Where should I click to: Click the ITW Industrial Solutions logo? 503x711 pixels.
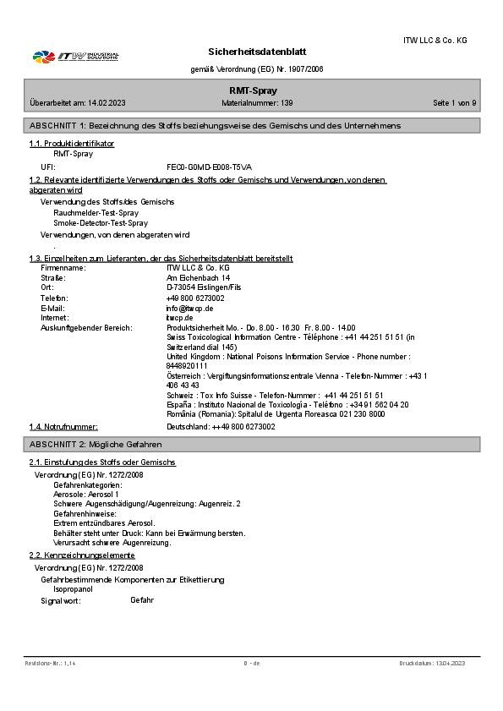click(x=75, y=57)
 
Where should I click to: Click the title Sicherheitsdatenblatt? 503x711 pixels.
click(x=257, y=52)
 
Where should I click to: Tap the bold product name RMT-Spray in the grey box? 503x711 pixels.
click(x=254, y=90)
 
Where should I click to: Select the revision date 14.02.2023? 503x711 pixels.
click(x=106, y=102)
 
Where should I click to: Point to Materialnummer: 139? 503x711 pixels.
click(x=257, y=102)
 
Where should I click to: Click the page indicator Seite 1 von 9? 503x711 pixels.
click(x=454, y=102)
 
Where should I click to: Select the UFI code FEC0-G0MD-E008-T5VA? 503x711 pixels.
click(x=209, y=167)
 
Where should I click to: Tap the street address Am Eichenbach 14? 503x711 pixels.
click(x=198, y=277)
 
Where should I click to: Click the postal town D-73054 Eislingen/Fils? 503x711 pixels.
click(x=204, y=287)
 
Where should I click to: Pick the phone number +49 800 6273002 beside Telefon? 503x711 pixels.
click(x=195, y=298)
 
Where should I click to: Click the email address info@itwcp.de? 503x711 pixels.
click(x=189, y=308)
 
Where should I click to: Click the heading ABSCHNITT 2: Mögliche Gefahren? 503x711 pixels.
click(x=96, y=444)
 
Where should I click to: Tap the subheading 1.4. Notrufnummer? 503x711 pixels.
click(x=63, y=427)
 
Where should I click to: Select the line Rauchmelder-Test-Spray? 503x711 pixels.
click(x=96, y=213)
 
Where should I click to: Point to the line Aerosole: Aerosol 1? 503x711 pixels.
click(x=86, y=494)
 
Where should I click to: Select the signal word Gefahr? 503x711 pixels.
click(x=142, y=600)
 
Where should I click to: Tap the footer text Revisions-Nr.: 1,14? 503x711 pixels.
click(x=51, y=664)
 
